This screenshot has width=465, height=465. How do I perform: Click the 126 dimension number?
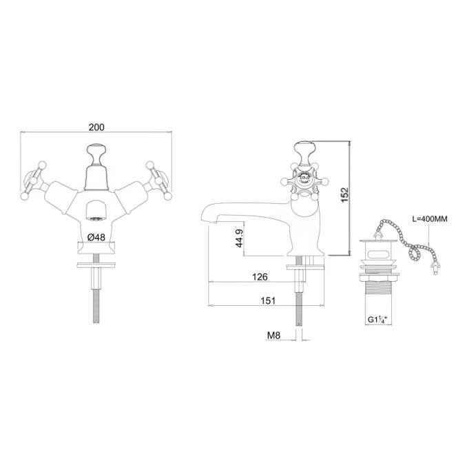(260, 277)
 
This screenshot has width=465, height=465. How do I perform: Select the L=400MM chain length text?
(428, 219)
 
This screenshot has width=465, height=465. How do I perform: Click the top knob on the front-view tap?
(95, 150)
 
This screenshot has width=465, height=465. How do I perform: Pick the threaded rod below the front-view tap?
(95, 303)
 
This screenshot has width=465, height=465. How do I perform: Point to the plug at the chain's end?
(435, 270)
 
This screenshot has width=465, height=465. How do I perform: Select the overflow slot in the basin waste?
(378, 253)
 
